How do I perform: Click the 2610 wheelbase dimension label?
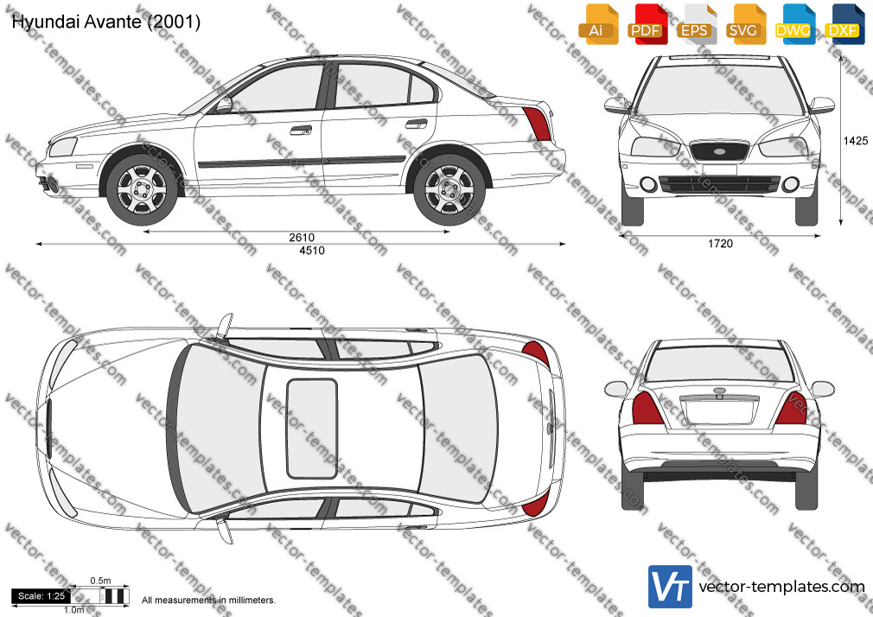coord(301,238)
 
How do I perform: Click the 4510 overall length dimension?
coord(312,251)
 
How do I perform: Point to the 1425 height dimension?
coord(855,141)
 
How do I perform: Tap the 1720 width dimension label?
coord(720,244)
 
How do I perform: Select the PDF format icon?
coord(647,23)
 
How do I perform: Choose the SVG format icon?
coord(743,23)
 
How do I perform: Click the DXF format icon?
coord(844,23)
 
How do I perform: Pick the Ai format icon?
coord(597,23)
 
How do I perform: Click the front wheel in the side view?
coord(142,190)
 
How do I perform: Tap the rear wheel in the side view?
coord(449,190)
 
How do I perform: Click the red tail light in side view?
coord(537,123)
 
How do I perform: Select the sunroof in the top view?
coord(312,429)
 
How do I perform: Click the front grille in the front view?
coord(719,151)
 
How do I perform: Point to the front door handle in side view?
coord(301,130)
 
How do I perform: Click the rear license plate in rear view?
coord(719,411)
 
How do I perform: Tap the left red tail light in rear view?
coord(647,408)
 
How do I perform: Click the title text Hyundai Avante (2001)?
coord(105,22)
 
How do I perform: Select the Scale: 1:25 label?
coord(41,596)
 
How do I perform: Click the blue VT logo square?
coord(671,587)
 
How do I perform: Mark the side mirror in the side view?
coord(224,105)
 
